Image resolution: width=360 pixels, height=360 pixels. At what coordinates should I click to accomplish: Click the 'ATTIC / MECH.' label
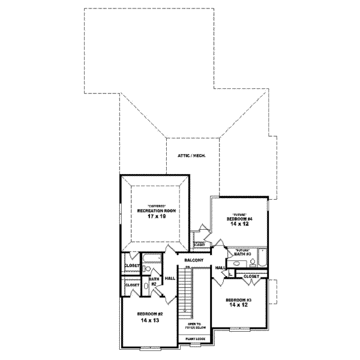[191, 155]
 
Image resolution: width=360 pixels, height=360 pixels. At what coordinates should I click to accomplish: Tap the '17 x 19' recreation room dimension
[156, 216]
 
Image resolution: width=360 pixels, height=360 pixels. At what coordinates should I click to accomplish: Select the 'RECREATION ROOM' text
[156, 211]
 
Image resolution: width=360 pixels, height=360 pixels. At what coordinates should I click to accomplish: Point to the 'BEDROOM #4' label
[239, 219]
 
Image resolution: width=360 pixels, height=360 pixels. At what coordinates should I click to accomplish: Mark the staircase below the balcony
[190, 294]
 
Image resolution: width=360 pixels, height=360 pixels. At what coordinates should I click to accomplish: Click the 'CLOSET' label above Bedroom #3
[251, 275]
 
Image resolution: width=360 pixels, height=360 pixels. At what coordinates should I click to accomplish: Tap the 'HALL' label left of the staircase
[170, 278]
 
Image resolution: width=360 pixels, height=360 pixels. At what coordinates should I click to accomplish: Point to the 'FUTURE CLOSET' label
[199, 244]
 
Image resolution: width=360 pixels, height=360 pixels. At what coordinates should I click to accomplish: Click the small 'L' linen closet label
[230, 274]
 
